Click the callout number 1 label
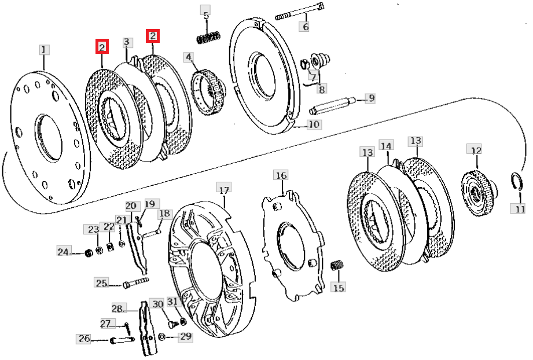(45, 49)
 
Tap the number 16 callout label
(281, 175)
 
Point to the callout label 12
(475, 150)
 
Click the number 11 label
(520, 208)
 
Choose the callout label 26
(84, 339)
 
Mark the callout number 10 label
(314, 124)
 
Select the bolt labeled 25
(135, 283)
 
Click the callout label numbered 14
(386, 145)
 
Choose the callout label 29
(185, 336)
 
